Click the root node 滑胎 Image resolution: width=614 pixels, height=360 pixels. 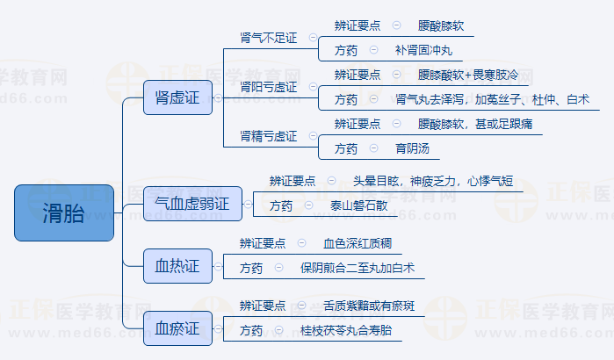[x=64, y=212]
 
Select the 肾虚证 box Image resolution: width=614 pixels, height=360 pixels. [x=177, y=97]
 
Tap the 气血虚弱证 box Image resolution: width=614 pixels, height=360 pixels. [x=192, y=204]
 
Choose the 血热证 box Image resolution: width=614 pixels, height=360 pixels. [x=177, y=266]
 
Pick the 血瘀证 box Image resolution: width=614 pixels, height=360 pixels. [x=177, y=328]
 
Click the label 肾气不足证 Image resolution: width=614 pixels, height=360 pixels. [x=269, y=38]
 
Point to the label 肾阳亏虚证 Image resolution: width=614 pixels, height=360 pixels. [x=269, y=87]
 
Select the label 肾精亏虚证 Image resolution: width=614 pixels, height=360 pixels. [x=269, y=137]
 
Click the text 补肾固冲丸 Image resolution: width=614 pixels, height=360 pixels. [x=423, y=50]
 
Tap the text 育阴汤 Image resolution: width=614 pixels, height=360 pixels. [x=412, y=148]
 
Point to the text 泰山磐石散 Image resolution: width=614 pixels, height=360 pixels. [x=359, y=205]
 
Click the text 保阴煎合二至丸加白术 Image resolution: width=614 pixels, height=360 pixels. [x=358, y=268]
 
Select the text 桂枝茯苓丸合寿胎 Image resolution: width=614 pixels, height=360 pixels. [x=346, y=330]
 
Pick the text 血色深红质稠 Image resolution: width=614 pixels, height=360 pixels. [x=358, y=243]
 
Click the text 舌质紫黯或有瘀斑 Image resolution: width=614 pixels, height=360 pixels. [x=369, y=306]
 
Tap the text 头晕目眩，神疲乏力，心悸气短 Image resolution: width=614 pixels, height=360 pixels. [x=433, y=181]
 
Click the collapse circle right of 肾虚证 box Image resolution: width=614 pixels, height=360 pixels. [x=218, y=97]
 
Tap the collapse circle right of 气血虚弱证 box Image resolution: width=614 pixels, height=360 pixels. [x=248, y=205]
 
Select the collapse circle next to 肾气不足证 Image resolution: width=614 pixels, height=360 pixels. [x=313, y=38]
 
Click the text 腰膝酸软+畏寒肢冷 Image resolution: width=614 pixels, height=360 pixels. [x=468, y=75]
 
